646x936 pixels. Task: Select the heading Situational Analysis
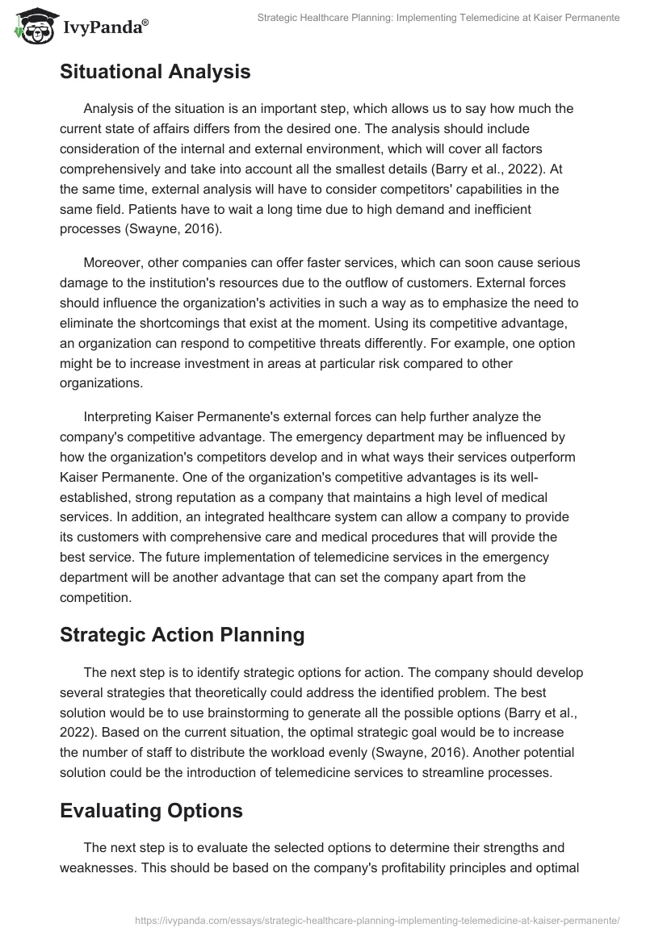click(x=155, y=72)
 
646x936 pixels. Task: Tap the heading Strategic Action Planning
click(x=182, y=635)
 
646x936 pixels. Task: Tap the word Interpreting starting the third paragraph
click(x=120, y=416)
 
